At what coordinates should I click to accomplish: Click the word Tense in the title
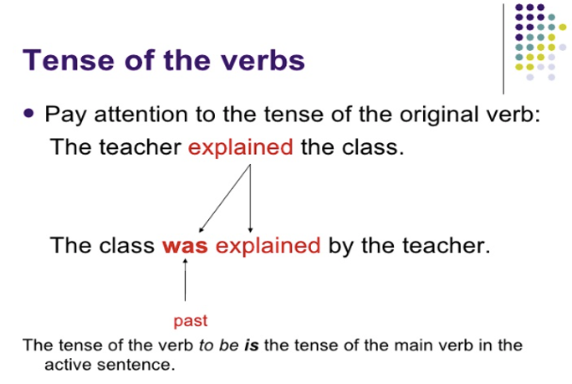(69, 60)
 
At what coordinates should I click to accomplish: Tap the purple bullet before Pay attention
(28, 113)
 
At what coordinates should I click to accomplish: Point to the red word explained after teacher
(240, 147)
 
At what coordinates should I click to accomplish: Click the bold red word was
(185, 245)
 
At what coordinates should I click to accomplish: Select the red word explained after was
(268, 245)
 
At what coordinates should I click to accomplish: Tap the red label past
(191, 321)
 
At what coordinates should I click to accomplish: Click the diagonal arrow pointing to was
(225, 198)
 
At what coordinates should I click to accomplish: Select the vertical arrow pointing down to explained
(250, 198)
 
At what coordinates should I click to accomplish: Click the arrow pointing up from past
(185, 279)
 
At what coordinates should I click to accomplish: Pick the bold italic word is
(252, 345)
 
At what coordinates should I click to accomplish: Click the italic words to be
(219, 345)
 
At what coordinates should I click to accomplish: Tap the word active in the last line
(68, 365)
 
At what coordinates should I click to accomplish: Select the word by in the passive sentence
(341, 246)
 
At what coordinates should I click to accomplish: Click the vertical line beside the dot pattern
(503, 49)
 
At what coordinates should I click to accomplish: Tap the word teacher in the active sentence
(140, 147)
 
